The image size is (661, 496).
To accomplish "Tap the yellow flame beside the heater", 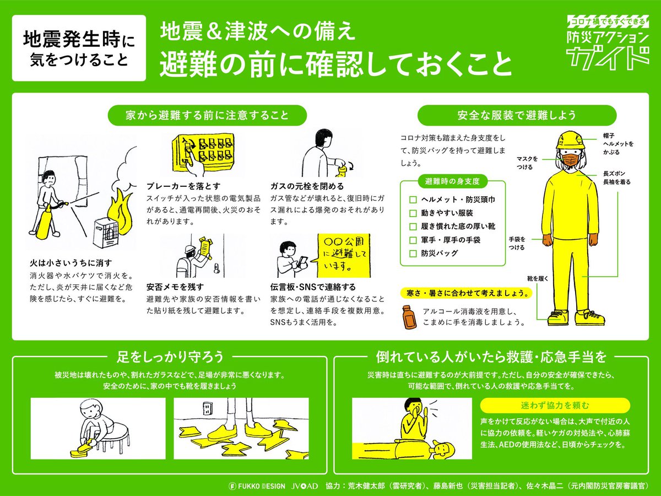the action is coord(121,212).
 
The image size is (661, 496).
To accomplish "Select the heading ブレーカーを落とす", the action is coord(183,186).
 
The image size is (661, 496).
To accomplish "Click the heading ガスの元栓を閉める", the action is coord(307,186).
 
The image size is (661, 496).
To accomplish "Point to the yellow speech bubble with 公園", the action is coord(344,255).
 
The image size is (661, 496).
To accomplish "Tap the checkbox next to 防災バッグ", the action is coord(413,254).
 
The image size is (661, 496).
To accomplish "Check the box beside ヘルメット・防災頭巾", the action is coord(413,200).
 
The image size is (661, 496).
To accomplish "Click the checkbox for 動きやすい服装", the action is coord(413,213).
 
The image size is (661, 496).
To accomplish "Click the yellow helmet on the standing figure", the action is coord(570,140).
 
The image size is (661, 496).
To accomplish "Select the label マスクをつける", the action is coord(527,163).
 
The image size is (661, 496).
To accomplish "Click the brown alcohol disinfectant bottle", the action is coord(409,317).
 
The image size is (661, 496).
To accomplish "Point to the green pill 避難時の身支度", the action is coord(452,181).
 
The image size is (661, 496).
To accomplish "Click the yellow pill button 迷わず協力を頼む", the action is coord(555,406).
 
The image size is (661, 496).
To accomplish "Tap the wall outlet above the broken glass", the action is coord(208,408).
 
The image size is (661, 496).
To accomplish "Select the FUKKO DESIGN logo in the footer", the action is coord(257,486).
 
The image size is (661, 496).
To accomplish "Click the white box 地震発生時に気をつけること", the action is coord(79,48).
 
